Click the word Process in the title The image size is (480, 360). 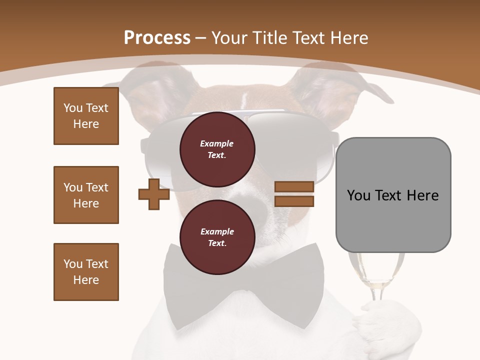pos(157,38)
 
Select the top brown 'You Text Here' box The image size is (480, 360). pos(86,116)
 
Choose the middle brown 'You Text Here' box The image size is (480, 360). pos(86,195)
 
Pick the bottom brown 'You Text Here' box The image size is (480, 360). pos(86,272)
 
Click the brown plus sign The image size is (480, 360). pos(154,194)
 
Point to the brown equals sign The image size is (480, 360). pos(294,194)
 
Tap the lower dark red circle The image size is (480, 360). pos(217,237)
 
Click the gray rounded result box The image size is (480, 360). pos(393,195)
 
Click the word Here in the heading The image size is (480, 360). pos(348,38)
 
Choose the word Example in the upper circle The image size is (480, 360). pos(217,143)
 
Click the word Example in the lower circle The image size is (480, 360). pos(217,231)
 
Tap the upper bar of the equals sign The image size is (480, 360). pos(294,187)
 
